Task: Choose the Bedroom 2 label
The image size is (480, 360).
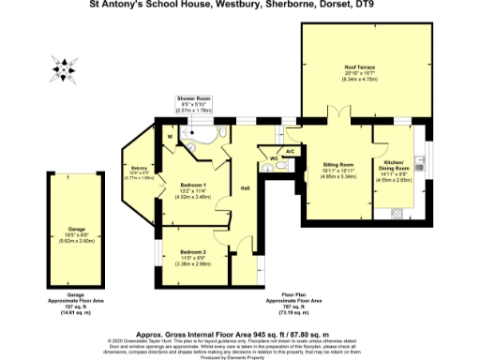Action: point(194,251)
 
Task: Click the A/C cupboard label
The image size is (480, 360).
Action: point(290,150)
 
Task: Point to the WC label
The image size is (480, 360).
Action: point(274,158)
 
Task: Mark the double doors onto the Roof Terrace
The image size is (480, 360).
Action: point(339,120)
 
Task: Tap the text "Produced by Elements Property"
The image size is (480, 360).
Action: point(240,356)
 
